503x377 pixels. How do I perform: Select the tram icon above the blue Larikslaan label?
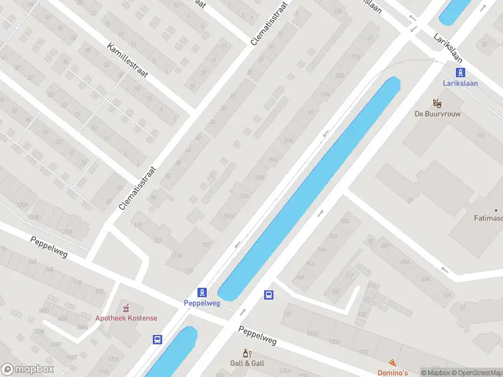(x=460, y=72)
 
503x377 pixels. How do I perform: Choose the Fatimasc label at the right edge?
(x=488, y=219)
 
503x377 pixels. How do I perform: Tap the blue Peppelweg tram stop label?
(x=202, y=303)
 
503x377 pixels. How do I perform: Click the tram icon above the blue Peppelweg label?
(x=202, y=292)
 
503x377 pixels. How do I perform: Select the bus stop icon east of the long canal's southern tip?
(x=269, y=295)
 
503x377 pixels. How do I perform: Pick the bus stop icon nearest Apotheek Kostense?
(x=157, y=340)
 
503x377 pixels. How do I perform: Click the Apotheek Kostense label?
(x=126, y=318)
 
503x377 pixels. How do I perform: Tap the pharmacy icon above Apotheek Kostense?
(x=126, y=307)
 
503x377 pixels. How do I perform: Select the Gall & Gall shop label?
(x=247, y=363)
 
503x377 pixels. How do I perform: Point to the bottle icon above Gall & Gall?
(x=247, y=353)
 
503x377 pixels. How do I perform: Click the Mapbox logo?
(x=28, y=369)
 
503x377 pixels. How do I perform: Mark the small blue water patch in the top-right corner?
(x=455, y=11)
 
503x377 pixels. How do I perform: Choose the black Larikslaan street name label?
(x=451, y=46)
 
